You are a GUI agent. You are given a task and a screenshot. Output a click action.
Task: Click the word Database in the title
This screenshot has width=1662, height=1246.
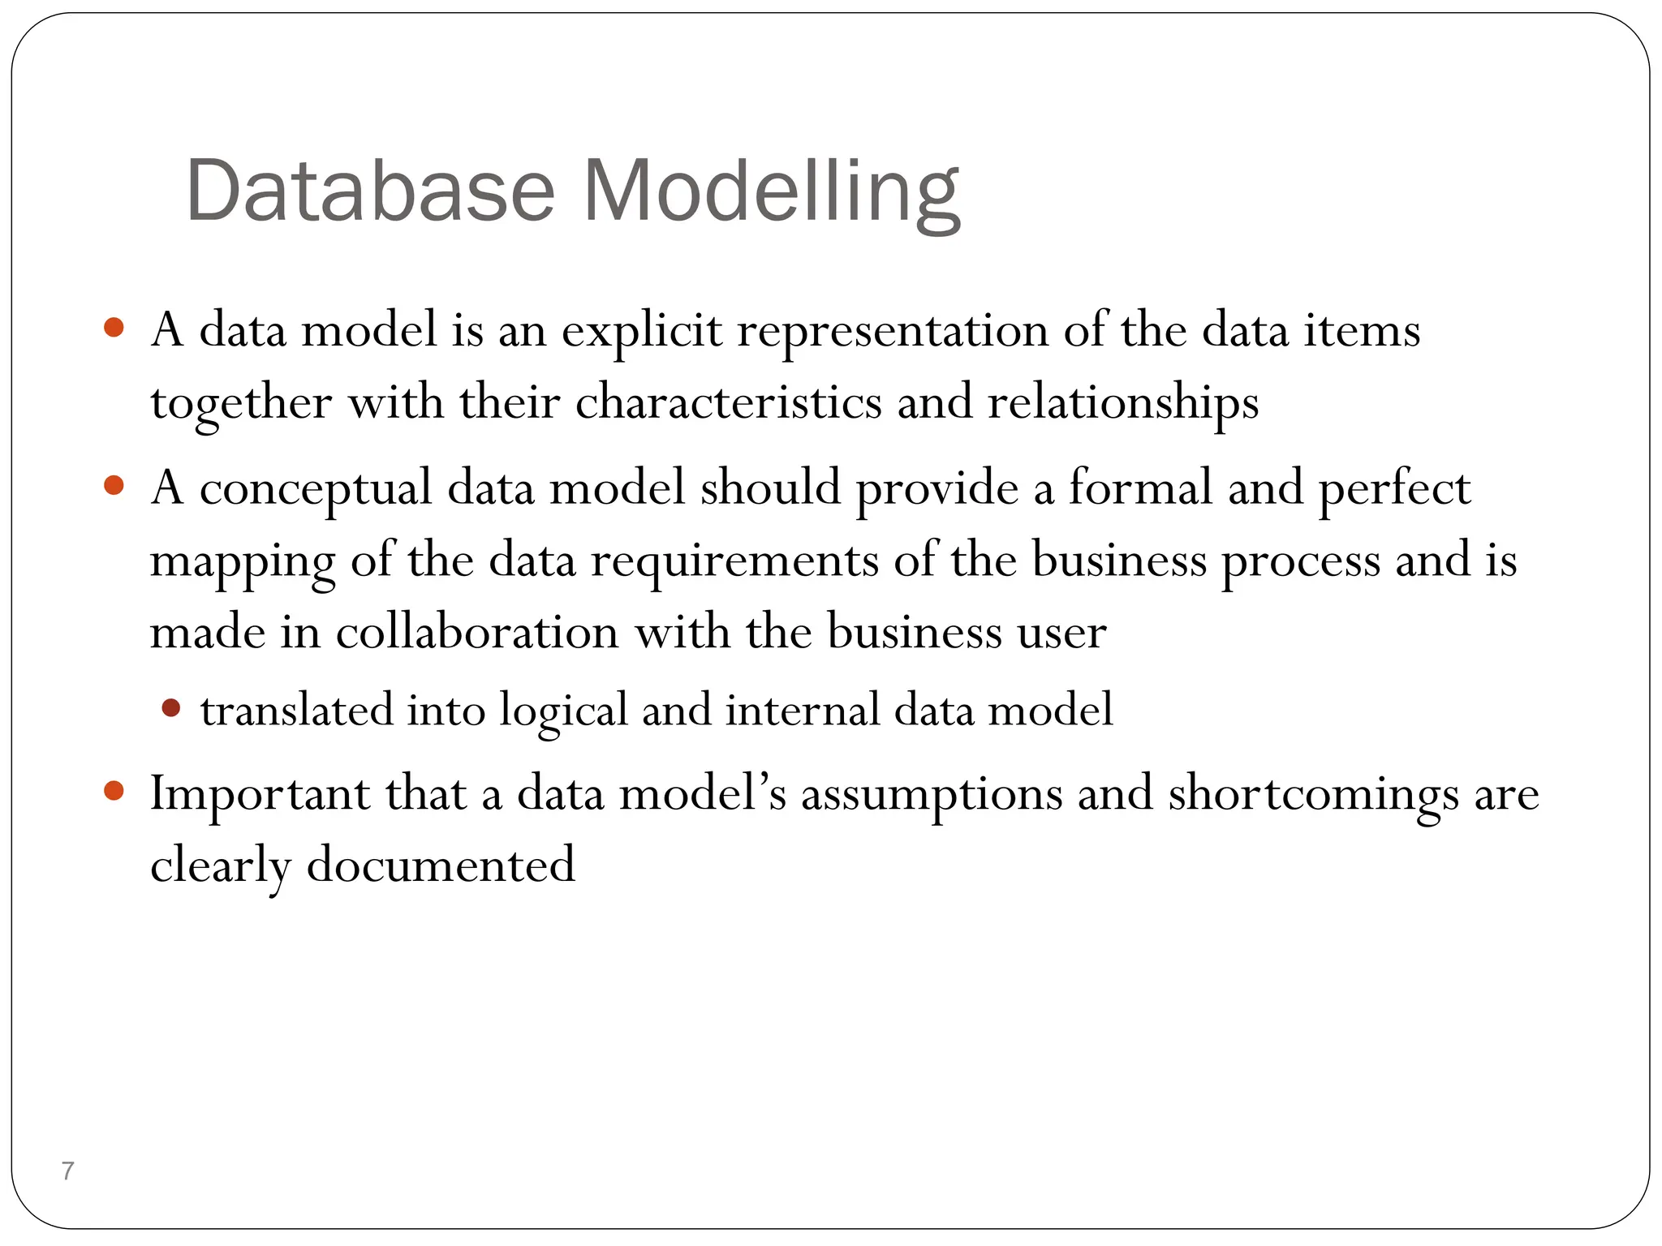[370, 191]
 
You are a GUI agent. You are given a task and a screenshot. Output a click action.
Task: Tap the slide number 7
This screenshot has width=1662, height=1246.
[68, 1171]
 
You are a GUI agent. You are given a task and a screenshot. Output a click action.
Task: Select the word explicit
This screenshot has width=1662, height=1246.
[641, 331]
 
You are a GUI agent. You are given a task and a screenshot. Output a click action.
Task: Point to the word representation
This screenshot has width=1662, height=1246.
[893, 331]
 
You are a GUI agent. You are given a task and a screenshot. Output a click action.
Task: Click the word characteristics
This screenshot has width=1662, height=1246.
[728, 402]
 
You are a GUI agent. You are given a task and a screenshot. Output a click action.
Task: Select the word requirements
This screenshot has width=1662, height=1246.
[734, 561]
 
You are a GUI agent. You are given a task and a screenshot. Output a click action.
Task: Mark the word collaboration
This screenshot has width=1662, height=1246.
[477, 632]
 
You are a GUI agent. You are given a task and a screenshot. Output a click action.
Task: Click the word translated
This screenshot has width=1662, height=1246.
[297, 710]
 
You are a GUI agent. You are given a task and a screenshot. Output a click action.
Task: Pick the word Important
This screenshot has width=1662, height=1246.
[260, 793]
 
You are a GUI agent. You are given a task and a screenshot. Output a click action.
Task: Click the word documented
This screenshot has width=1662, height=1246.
[441, 865]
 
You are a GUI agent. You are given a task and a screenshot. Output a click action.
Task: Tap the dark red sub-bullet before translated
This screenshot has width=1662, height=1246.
[170, 708]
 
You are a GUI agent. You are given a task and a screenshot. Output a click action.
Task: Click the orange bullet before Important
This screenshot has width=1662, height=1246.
[114, 791]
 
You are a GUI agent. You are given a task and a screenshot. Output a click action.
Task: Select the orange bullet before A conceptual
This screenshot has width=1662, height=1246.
[114, 486]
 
